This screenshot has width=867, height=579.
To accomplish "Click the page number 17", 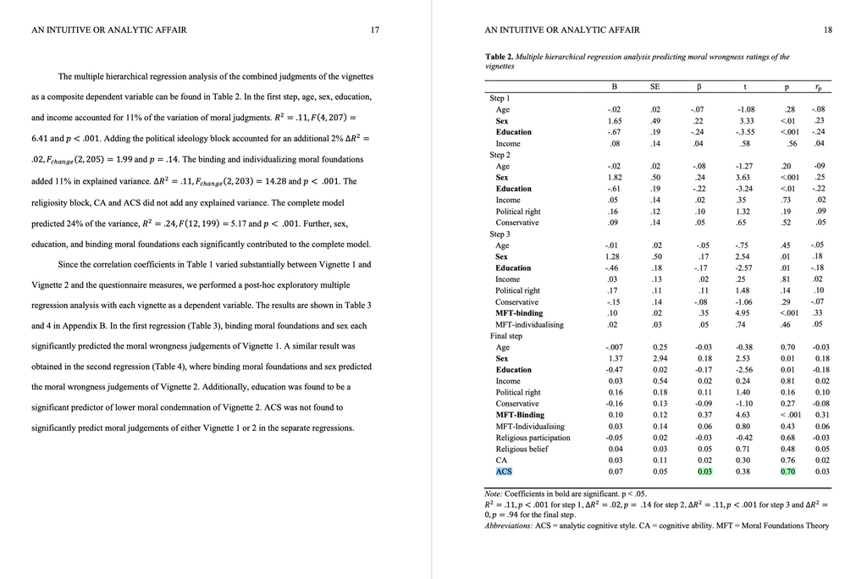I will [374, 30].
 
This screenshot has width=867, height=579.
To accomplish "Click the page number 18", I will [827, 30].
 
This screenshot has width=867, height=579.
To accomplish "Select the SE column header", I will [654, 87].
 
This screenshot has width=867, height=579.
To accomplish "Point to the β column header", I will [699, 87].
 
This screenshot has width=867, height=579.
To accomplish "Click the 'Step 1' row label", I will [500, 98].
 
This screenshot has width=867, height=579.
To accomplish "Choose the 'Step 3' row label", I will [500, 234].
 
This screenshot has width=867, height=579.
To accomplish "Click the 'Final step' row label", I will [505, 336].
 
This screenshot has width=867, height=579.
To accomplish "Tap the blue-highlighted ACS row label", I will [504, 471].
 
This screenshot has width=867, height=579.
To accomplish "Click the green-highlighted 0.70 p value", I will [787, 471].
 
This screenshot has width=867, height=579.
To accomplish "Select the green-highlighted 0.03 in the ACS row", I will [704, 471].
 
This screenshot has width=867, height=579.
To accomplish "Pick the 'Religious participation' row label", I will [529, 438].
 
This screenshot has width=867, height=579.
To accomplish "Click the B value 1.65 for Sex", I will [614, 121].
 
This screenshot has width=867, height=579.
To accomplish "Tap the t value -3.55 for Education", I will [745, 132].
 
